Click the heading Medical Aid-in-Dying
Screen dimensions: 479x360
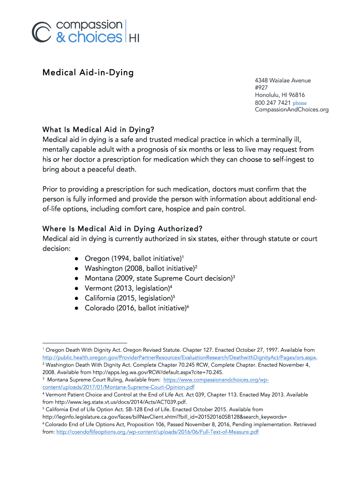[88, 73]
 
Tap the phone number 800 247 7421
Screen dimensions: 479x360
[273, 102]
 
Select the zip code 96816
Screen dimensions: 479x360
[296, 95]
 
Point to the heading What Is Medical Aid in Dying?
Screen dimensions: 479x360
[98, 129]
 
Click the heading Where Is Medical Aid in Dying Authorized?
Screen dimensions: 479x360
[122, 229]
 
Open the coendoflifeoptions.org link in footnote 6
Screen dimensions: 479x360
[157, 432]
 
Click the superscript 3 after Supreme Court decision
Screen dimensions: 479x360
[233, 276]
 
